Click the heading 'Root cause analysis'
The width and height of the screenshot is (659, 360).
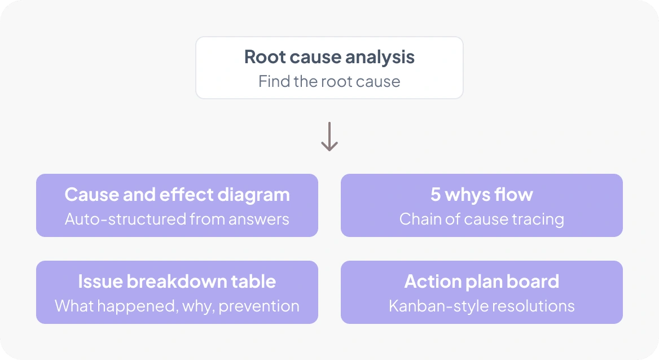pos(329,57)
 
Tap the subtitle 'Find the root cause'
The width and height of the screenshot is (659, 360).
pos(329,81)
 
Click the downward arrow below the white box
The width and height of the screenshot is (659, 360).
pos(329,137)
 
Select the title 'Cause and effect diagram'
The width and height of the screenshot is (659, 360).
pos(177,195)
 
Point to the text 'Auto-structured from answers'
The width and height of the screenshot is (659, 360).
pos(177,219)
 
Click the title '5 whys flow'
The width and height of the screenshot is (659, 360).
pos(482,195)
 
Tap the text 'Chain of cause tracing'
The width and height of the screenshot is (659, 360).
pos(482,219)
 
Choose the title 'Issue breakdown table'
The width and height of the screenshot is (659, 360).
pos(177,282)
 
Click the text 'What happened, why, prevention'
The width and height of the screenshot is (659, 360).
pos(177,306)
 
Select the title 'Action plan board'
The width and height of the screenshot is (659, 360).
pos(482,282)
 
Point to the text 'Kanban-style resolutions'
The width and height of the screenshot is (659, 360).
pos(482,306)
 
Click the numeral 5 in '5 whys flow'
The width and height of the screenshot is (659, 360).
pos(436,195)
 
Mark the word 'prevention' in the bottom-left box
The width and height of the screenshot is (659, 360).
pos(259,306)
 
